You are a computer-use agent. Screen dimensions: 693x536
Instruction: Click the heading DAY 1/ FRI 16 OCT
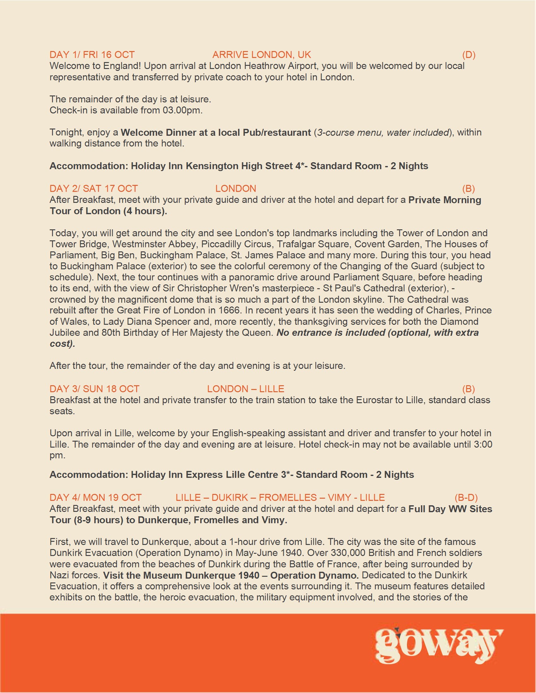pos(92,54)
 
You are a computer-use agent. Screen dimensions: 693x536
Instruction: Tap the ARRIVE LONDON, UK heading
pos(262,54)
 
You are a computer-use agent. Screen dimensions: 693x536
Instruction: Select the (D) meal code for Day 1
pos(469,54)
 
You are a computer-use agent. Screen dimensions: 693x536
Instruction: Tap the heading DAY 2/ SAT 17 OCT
pos(94,188)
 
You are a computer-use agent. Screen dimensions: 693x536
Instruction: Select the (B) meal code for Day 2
pos(468,188)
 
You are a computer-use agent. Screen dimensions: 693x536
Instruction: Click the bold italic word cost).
pos(62,344)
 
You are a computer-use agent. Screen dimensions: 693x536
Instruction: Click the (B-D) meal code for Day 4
pos(466,497)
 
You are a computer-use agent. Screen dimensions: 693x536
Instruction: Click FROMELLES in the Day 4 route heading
pos(288,497)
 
